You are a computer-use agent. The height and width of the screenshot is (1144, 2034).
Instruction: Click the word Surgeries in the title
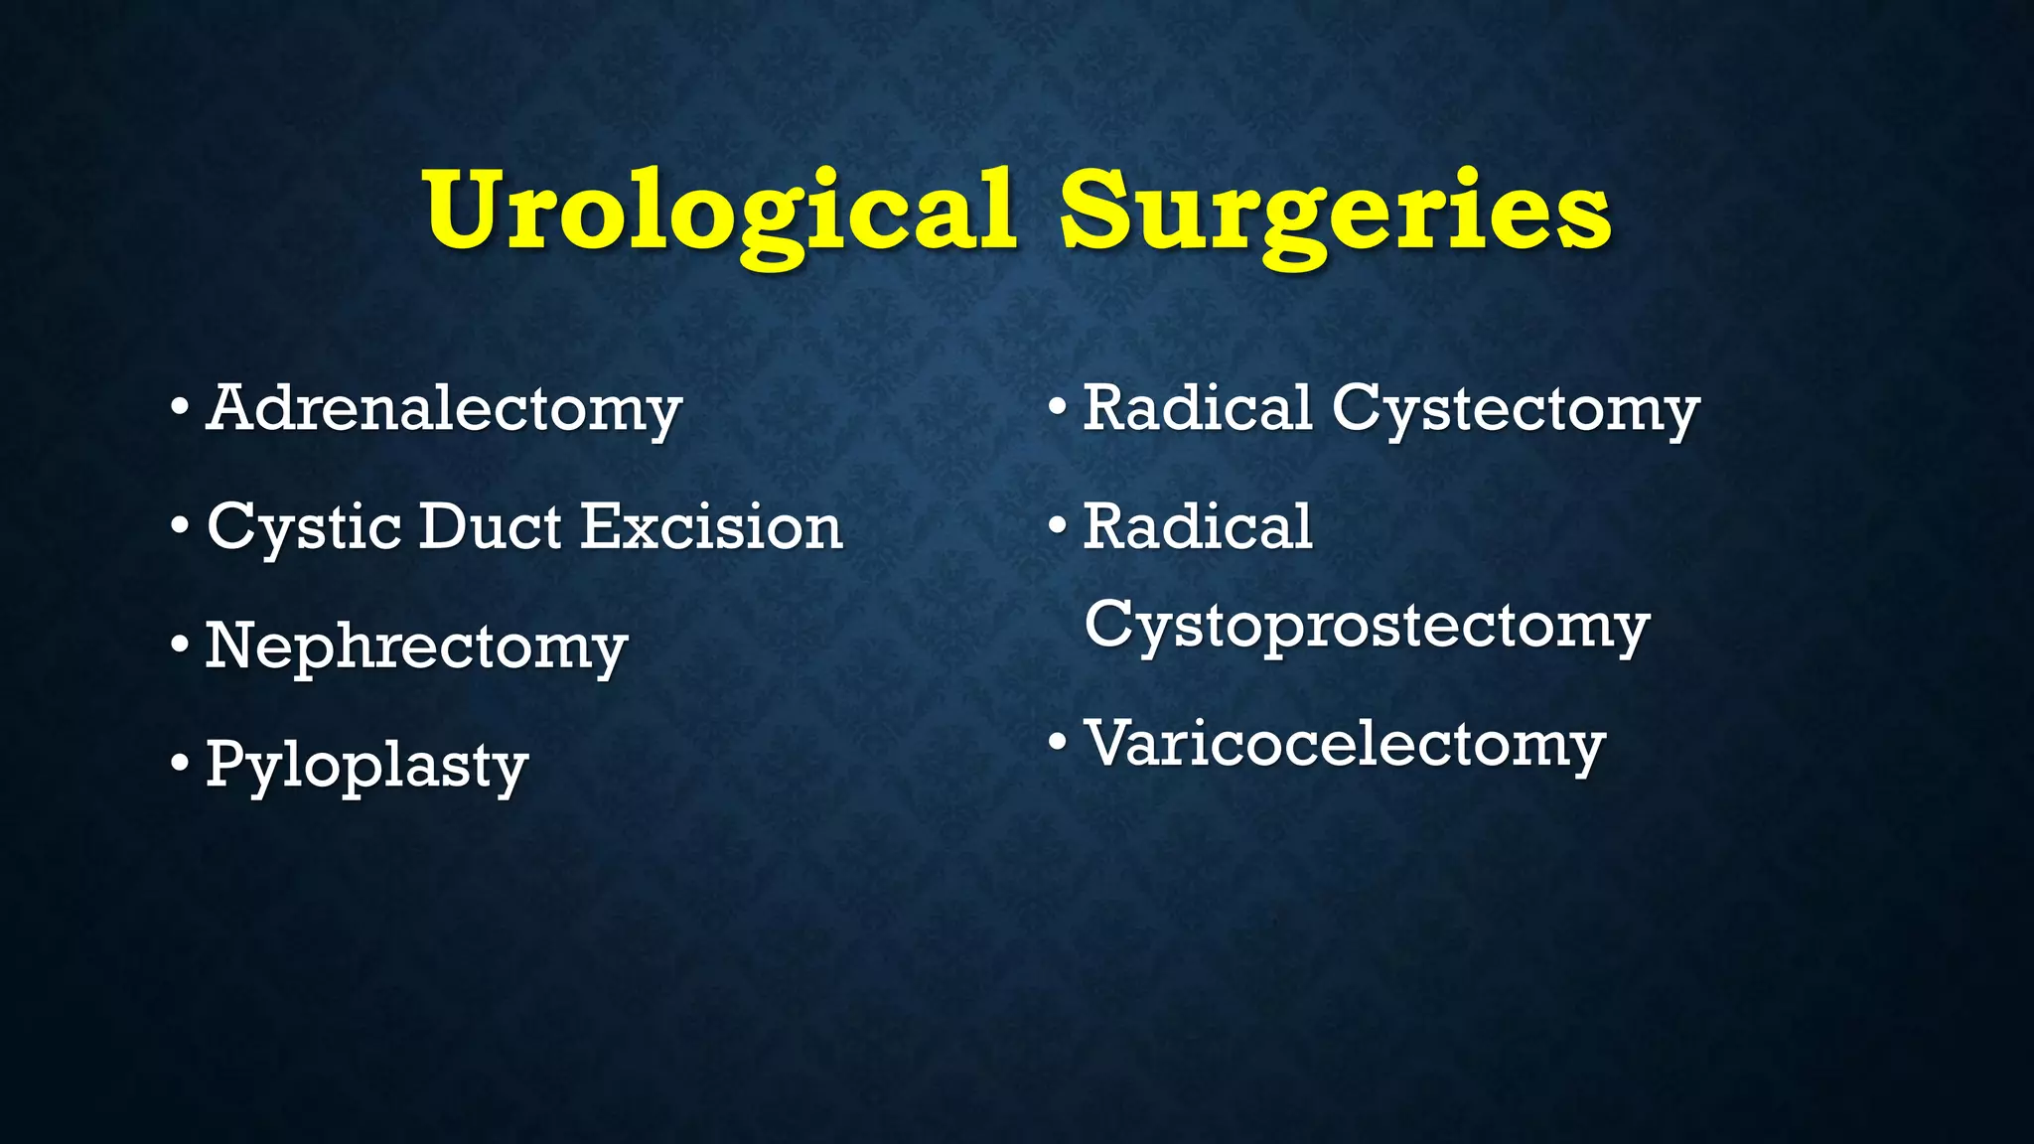(1335, 211)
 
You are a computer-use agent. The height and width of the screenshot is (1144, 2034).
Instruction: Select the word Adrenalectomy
(444, 408)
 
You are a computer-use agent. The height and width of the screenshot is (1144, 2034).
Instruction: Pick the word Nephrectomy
(416, 646)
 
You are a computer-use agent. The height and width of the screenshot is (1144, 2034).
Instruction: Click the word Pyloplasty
(366, 766)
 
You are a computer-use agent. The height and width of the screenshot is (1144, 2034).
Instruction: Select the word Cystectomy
(1516, 408)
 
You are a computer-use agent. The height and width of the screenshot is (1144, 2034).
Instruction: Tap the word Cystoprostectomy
(1367, 626)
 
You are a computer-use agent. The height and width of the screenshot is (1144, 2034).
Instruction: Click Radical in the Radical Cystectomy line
(1198, 407)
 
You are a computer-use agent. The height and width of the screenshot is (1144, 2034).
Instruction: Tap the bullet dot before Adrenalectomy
(179, 407)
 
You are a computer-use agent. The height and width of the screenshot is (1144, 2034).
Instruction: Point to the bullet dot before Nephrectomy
(179, 645)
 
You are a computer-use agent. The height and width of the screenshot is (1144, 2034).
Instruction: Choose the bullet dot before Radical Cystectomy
(1058, 407)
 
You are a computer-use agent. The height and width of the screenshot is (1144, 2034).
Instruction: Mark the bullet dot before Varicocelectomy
(1058, 742)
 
